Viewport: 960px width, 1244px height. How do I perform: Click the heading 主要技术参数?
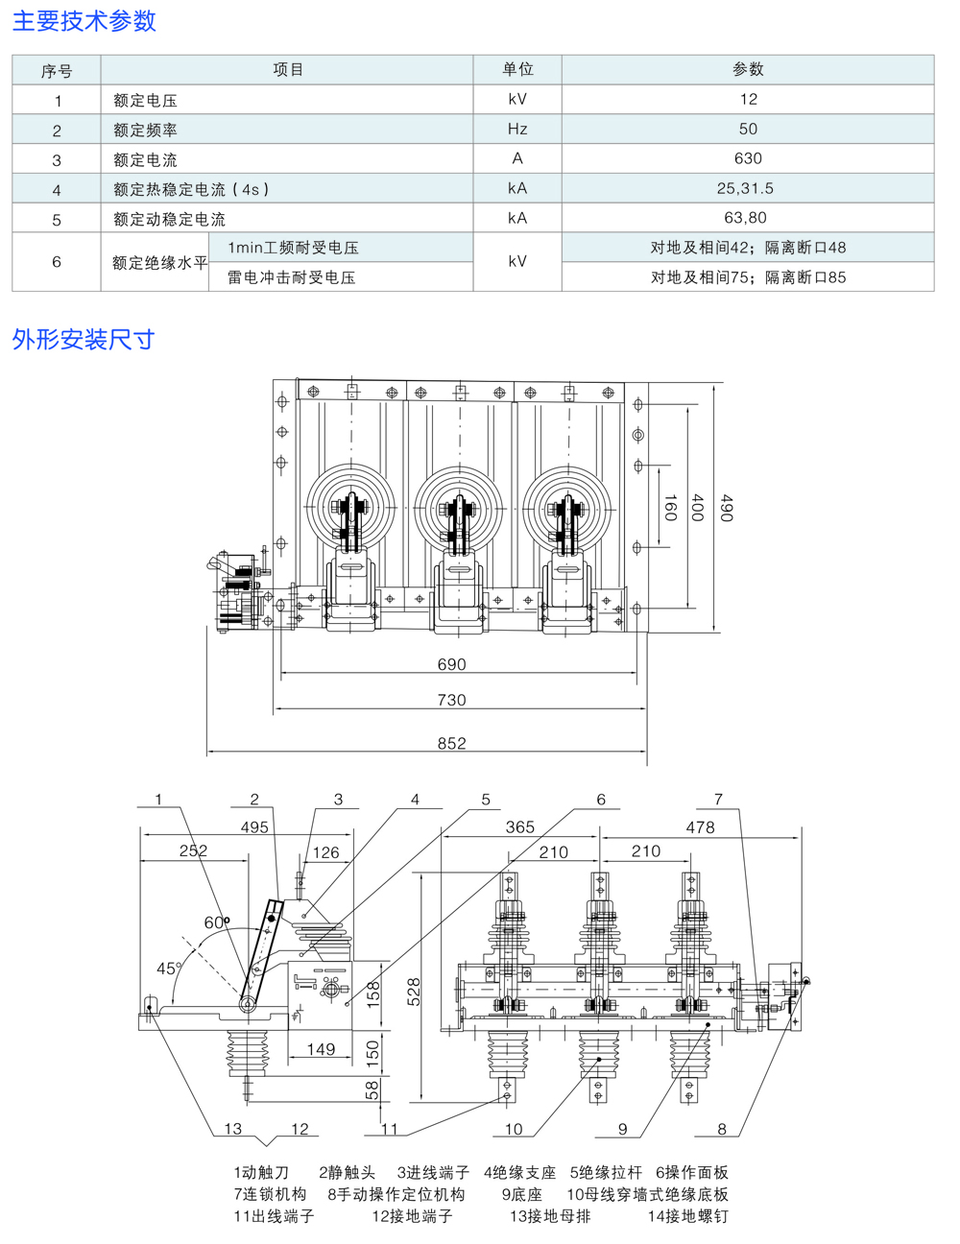pyautogui.click(x=84, y=21)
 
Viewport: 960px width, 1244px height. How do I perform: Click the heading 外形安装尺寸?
pyautogui.click(x=83, y=339)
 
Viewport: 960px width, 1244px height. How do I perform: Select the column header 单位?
pyautogui.click(x=517, y=69)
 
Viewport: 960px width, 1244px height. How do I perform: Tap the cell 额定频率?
pyautogui.click(x=145, y=130)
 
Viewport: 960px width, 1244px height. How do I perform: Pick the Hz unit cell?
pyautogui.click(x=517, y=129)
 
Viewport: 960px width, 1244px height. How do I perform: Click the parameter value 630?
pyautogui.click(x=747, y=158)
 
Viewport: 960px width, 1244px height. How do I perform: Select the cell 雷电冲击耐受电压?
pyautogui.click(x=292, y=277)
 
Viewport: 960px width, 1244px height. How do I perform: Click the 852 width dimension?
pyautogui.click(x=451, y=743)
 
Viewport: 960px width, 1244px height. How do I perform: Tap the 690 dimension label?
pyautogui.click(x=451, y=664)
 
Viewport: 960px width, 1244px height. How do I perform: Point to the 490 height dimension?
pyautogui.click(x=726, y=509)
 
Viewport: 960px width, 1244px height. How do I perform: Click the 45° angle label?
pyautogui.click(x=169, y=969)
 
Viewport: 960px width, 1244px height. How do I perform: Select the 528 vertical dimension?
pyautogui.click(x=413, y=991)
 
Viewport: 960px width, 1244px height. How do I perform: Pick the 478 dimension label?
pyautogui.click(x=700, y=827)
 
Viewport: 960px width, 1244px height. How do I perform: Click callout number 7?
pyautogui.click(x=718, y=800)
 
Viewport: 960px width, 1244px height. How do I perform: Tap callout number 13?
pyautogui.click(x=233, y=1129)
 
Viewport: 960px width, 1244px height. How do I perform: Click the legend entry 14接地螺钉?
pyautogui.click(x=687, y=1216)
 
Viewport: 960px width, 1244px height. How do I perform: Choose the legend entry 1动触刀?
pyautogui.click(x=261, y=1172)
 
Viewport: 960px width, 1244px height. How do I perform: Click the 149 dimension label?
pyautogui.click(x=321, y=1049)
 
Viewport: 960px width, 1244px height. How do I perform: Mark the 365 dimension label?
pyautogui.click(x=519, y=827)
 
